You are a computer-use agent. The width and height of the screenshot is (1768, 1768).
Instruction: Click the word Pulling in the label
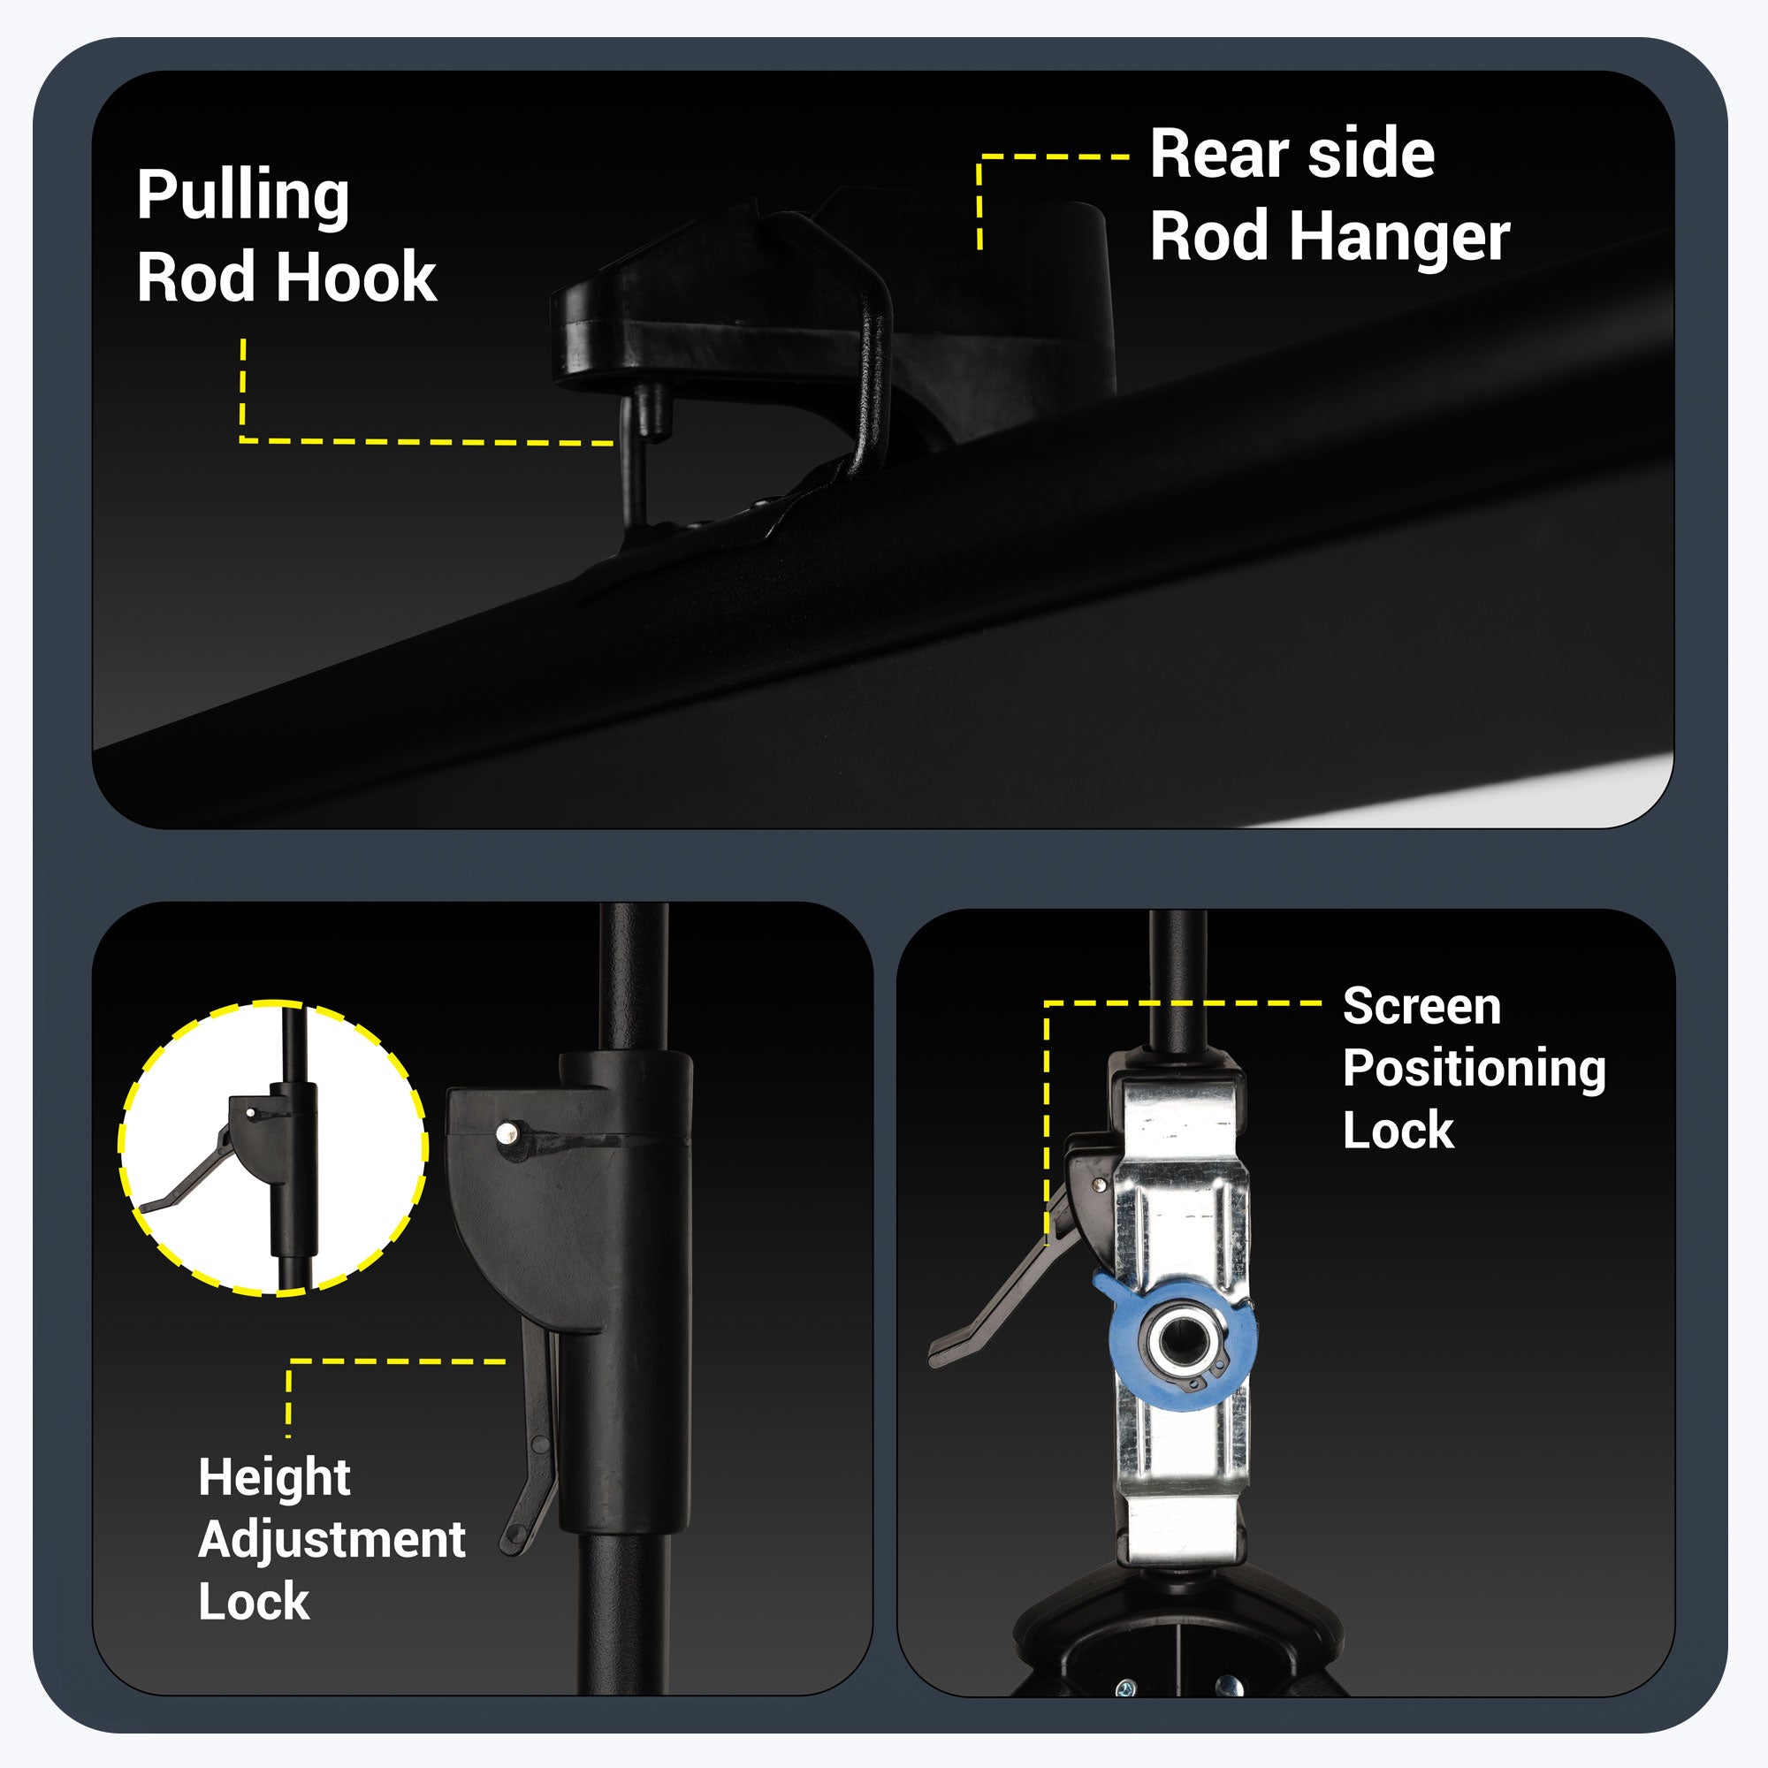(242, 196)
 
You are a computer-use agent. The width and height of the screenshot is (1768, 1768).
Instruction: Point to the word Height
(275, 1478)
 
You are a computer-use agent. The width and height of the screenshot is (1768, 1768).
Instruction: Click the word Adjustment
(331, 1539)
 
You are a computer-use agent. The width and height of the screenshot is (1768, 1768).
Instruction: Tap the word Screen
(1422, 1007)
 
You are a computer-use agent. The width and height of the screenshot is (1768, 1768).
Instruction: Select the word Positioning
(1475, 1069)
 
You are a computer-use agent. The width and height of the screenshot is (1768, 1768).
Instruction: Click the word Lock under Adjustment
(254, 1602)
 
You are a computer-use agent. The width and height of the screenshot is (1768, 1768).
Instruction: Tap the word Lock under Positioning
(1398, 1130)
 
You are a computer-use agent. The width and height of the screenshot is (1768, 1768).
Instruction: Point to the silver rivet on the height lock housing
(506, 1135)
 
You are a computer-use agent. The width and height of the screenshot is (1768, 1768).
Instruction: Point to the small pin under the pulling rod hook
(653, 410)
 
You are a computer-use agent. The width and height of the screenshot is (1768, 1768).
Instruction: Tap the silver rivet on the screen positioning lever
(1099, 1185)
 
